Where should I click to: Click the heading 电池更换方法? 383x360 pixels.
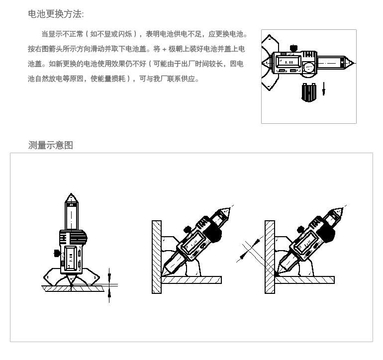(56, 14)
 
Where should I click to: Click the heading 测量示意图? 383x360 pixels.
(51, 145)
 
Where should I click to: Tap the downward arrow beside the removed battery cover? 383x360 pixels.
(324, 89)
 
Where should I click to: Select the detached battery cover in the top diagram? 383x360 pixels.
(309, 92)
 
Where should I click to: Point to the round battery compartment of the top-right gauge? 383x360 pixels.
(309, 67)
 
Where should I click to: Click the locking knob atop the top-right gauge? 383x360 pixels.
(293, 48)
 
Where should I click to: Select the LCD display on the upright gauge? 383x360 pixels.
(71, 258)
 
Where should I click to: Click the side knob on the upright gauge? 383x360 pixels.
(57, 253)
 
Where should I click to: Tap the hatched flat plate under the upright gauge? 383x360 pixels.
(73, 288)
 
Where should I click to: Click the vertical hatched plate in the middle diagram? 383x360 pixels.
(157, 257)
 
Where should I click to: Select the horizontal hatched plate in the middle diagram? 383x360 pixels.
(191, 280)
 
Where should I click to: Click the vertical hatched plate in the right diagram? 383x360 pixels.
(270, 257)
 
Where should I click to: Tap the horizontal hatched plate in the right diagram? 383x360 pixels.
(304, 280)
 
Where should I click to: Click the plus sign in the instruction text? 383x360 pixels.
(164, 49)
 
